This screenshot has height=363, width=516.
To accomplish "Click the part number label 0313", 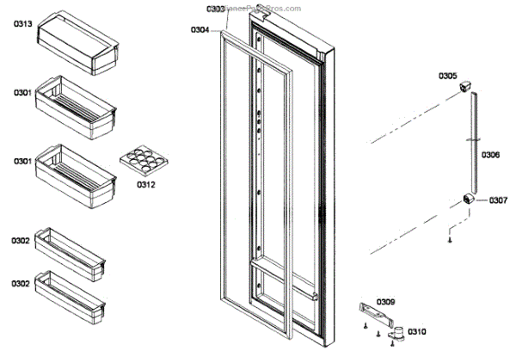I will [x=22, y=24].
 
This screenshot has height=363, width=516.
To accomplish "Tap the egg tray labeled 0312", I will [x=141, y=158].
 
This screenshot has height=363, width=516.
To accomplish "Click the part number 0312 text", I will [x=147, y=182].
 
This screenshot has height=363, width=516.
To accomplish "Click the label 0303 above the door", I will [x=217, y=9].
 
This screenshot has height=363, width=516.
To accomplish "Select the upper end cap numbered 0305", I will [x=468, y=85].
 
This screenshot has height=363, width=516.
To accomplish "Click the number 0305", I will [x=448, y=76].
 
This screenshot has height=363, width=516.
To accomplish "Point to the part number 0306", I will [x=490, y=155].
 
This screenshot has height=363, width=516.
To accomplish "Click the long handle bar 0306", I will [x=471, y=142].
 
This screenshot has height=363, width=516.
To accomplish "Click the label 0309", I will [x=386, y=301].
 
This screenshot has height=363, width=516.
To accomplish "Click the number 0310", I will [x=417, y=331].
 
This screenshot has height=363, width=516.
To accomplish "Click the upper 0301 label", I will [x=22, y=91].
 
